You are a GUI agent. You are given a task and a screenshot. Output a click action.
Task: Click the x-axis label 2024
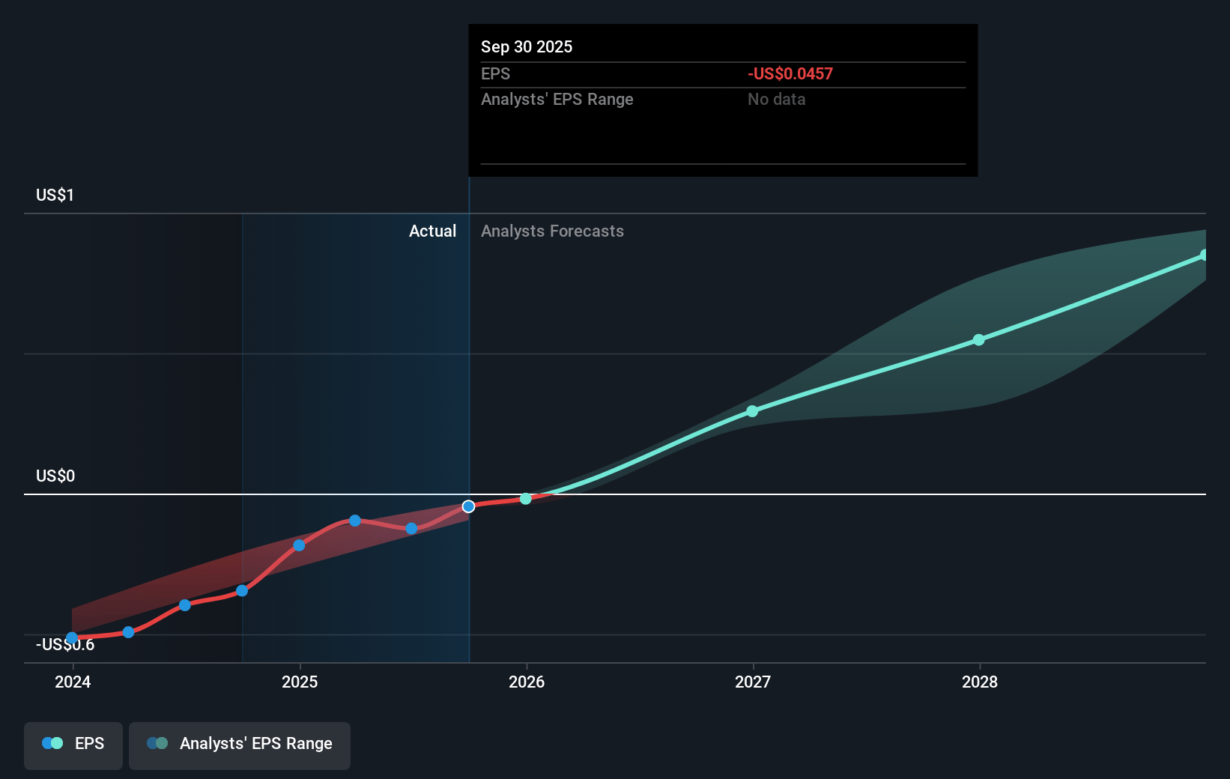click(73, 682)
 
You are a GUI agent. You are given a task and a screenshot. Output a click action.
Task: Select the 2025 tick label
click(300, 682)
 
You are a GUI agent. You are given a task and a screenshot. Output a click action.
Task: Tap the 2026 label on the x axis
click(527, 682)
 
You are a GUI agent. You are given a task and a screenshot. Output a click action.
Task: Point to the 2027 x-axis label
click(753, 682)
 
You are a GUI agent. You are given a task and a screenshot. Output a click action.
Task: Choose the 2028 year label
click(980, 682)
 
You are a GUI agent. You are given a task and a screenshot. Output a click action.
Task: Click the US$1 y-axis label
click(55, 195)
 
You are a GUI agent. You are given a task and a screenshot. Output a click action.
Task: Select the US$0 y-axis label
click(55, 476)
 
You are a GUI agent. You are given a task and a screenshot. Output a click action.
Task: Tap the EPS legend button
click(73, 744)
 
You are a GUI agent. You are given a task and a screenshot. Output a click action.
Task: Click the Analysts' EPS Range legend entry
click(240, 744)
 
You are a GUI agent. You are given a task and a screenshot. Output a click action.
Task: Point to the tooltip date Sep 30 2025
click(527, 46)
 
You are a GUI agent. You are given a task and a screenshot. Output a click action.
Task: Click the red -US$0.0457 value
click(790, 73)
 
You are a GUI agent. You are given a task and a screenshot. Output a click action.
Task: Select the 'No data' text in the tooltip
click(777, 99)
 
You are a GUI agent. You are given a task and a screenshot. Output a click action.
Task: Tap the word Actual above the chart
click(432, 231)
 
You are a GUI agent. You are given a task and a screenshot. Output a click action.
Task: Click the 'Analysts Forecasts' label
click(552, 231)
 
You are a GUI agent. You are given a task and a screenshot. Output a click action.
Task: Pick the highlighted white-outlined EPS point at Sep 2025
click(468, 506)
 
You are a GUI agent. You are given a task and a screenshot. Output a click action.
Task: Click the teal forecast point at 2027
click(752, 411)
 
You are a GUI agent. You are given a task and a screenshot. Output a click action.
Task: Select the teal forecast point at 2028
click(979, 340)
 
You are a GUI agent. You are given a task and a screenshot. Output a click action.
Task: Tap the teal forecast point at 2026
click(526, 499)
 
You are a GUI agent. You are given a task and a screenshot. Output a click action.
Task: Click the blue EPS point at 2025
click(299, 545)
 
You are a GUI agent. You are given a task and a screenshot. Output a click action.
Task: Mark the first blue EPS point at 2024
click(72, 638)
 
